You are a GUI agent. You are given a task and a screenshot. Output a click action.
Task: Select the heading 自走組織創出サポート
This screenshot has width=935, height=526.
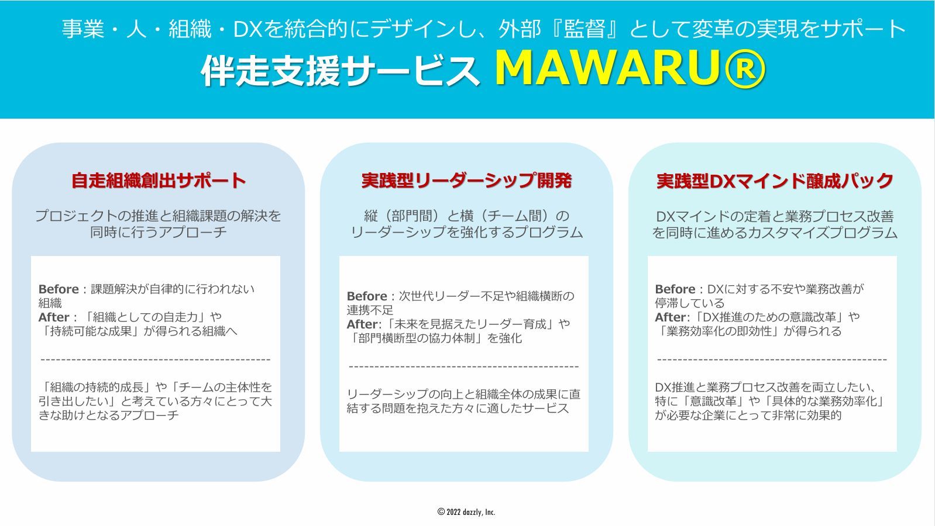click(158, 181)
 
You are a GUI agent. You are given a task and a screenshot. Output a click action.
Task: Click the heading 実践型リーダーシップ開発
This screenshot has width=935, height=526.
click(466, 181)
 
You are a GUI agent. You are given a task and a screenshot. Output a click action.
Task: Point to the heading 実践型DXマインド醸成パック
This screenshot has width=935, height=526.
click(775, 181)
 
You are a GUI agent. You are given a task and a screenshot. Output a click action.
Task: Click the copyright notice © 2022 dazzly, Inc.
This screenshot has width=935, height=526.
click(466, 512)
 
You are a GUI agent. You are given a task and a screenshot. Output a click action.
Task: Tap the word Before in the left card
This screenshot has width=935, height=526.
click(59, 289)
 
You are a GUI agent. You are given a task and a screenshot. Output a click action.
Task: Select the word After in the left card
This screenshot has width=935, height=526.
click(54, 317)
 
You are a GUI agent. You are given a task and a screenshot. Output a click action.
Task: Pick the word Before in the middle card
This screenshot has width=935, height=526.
click(367, 296)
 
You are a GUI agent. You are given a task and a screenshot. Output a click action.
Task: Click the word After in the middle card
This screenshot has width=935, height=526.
click(362, 324)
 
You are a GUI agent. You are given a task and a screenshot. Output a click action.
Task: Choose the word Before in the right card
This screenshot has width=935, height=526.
click(675, 289)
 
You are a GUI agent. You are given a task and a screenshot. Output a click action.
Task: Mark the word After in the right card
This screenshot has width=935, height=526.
click(670, 317)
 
